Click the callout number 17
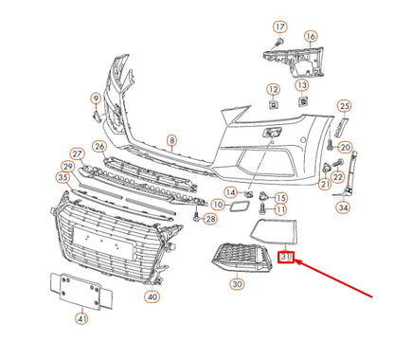(280, 27)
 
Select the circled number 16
(311, 37)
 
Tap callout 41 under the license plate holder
(81, 319)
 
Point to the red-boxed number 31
(286, 257)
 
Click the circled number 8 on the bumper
(171, 140)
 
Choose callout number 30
(237, 284)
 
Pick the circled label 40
(152, 297)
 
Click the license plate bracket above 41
(81, 291)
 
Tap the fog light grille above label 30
(242, 258)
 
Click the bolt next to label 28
(196, 216)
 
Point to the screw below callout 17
(279, 42)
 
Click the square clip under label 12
(273, 104)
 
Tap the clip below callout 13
(303, 101)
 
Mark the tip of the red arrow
(295, 261)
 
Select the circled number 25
(344, 106)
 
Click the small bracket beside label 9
(96, 116)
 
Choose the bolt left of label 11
(262, 207)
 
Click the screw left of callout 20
(331, 146)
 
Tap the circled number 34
(343, 207)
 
